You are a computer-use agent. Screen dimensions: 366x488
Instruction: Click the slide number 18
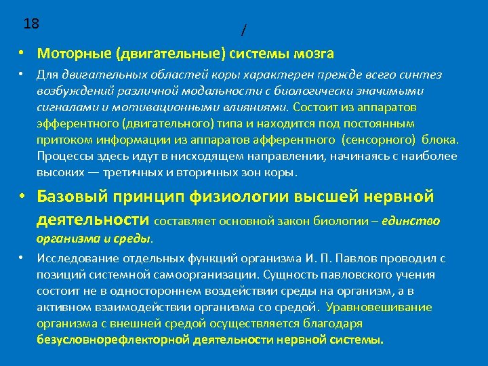31,24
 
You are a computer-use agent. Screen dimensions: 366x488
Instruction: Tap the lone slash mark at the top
243,30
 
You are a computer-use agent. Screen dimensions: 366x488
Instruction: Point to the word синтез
420,75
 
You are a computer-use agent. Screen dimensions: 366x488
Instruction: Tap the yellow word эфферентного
70,123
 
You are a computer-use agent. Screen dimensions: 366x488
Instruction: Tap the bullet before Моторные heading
23,53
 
